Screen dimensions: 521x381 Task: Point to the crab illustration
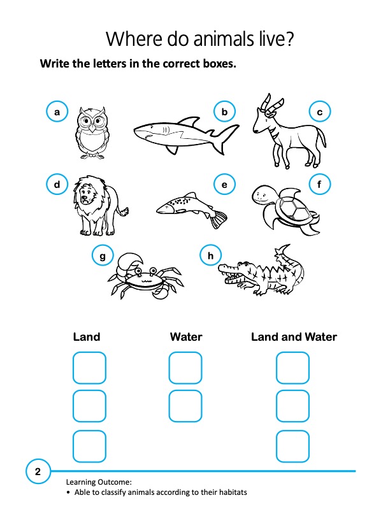click(144, 277)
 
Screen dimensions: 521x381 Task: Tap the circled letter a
click(57, 112)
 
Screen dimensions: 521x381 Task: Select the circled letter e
click(224, 185)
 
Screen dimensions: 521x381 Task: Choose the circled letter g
click(103, 256)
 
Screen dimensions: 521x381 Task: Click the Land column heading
click(87, 336)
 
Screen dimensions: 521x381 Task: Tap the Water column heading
click(186, 336)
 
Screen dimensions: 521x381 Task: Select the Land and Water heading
click(294, 336)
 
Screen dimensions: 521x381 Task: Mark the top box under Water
click(185, 368)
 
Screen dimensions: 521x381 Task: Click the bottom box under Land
click(89, 446)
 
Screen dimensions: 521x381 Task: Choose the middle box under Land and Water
click(292, 406)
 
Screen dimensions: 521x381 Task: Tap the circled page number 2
click(38, 472)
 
